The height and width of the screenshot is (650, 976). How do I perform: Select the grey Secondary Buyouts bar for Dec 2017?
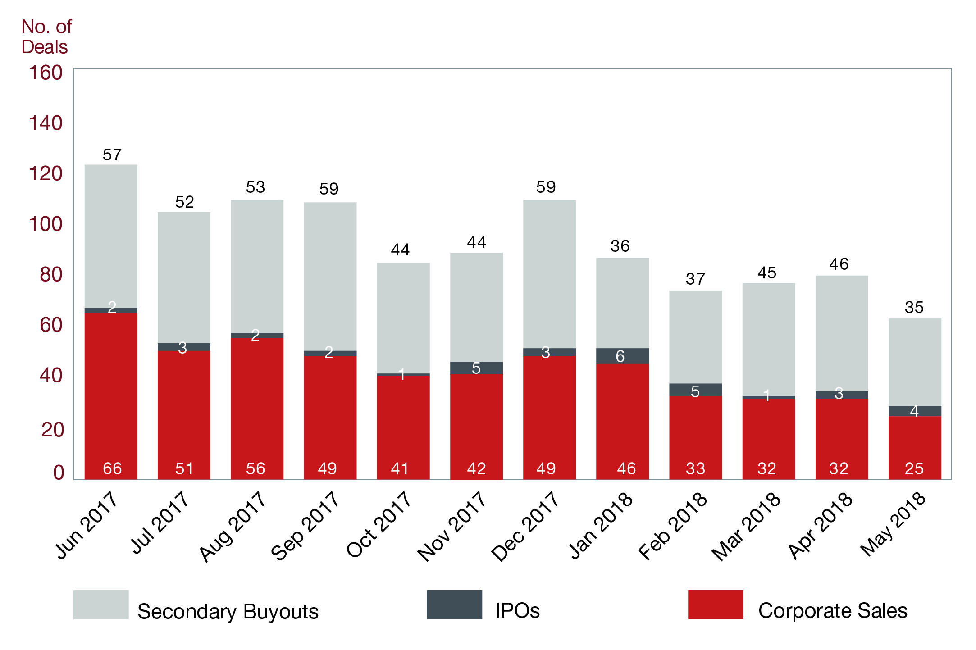coord(549,273)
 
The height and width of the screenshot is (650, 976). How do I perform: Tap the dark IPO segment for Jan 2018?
coord(622,356)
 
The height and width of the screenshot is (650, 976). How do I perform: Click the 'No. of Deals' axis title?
coord(46,37)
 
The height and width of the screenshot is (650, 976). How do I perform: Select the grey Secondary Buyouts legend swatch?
coord(101,605)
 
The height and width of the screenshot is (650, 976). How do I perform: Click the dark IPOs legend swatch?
coord(454,605)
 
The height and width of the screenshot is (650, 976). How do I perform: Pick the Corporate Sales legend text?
coord(833,611)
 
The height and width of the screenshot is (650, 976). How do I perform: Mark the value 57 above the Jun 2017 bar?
coord(112,155)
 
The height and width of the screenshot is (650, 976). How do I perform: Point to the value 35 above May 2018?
coord(914,308)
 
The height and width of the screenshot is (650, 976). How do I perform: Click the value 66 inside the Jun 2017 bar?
coord(112,468)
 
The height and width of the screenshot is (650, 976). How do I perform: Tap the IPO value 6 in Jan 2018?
coord(620,356)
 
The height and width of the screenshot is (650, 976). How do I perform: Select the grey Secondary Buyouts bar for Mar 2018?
coord(768,339)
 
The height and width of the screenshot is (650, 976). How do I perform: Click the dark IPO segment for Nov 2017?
coord(476,368)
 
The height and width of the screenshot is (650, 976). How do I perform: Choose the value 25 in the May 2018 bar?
coord(914,468)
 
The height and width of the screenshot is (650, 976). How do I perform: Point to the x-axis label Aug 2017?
coord(233,526)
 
